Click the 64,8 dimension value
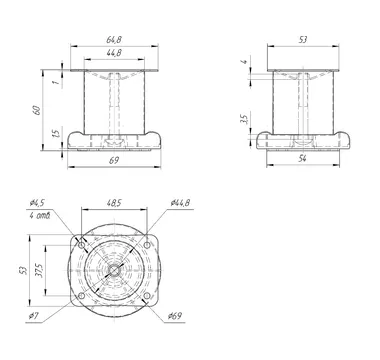[114, 40]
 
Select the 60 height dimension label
[37, 110]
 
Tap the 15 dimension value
[57, 132]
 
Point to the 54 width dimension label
[302, 159]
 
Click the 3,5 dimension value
[244, 119]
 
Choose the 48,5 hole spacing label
[114, 203]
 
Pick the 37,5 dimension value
[39, 270]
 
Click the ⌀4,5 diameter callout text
[37, 203]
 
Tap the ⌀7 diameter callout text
[35, 316]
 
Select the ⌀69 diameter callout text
[175, 316]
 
